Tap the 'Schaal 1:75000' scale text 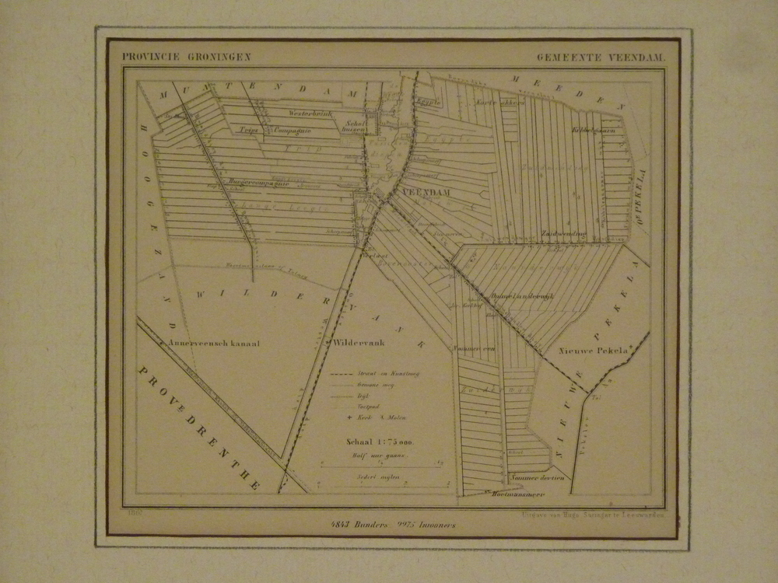pos(380,442)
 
